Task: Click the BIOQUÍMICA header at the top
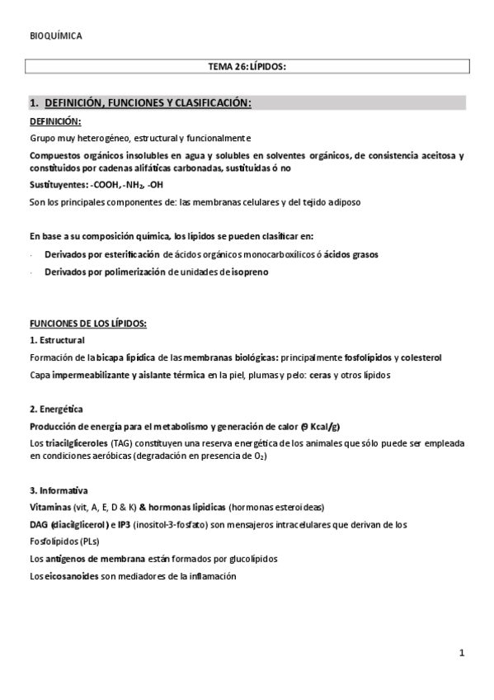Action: click(x=55, y=35)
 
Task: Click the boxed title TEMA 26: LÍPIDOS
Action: click(x=247, y=67)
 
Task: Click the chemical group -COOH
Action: click(x=103, y=185)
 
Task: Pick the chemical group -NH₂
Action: click(x=131, y=185)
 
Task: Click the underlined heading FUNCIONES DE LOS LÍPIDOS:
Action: click(x=87, y=324)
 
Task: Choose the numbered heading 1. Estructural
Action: click(x=57, y=340)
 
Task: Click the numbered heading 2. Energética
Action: click(x=56, y=409)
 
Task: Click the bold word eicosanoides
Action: click(x=68, y=576)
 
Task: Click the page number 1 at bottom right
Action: click(x=462, y=654)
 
